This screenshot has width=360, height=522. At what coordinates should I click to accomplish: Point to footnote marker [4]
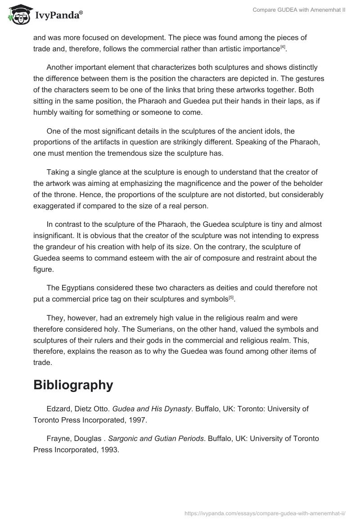[x=283, y=46]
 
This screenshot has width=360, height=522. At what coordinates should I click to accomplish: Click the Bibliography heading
[x=73, y=385]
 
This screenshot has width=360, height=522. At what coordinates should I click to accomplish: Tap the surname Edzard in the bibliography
[x=58, y=409]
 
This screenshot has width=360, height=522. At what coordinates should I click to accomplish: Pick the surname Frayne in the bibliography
[x=58, y=438]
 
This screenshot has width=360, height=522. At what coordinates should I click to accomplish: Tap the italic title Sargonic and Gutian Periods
[x=156, y=438]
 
